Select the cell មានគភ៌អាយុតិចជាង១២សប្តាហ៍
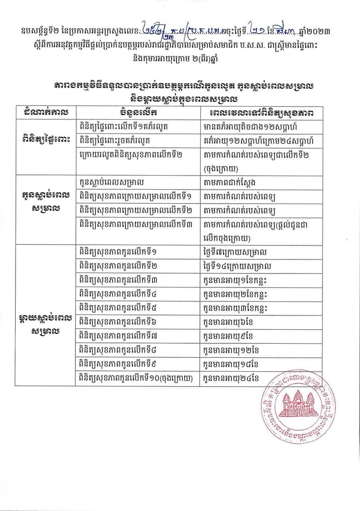pyautogui.click(x=248, y=127)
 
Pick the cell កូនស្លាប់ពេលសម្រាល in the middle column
pyautogui.click(x=112, y=182)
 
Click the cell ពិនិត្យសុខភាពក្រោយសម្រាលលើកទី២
pyautogui.click(x=136, y=210)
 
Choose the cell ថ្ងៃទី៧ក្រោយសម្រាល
pyautogui.click(x=235, y=252)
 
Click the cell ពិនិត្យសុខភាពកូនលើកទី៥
pyautogui.click(x=118, y=308)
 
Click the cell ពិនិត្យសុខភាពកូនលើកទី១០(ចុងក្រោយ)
pyautogui.click(x=136, y=378)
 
